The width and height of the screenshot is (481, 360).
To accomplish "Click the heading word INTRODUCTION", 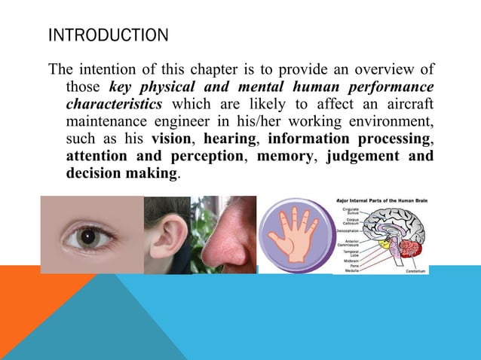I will click(108, 35).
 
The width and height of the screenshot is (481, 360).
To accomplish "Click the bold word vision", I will click(170, 139).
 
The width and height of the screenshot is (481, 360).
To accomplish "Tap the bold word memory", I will click(286, 157).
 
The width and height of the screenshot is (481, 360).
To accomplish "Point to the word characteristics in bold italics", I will click(113, 105).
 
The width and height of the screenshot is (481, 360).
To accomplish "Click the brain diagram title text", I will click(381, 200).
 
